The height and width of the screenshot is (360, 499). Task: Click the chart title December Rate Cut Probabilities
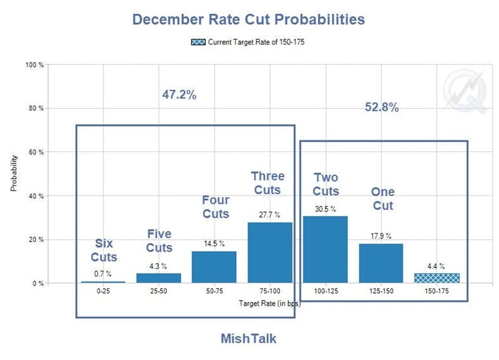pyautogui.click(x=248, y=19)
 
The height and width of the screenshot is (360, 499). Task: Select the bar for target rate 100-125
pyautogui.click(x=325, y=249)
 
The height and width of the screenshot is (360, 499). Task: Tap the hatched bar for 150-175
pyautogui.click(x=437, y=278)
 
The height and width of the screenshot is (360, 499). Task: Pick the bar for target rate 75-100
pyautogui.click(x=270, y=252)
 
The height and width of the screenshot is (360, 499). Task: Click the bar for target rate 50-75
pyautogui.click(x=214, y=267)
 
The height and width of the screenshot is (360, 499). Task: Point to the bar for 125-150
pyautogui.click(x=381, y=263)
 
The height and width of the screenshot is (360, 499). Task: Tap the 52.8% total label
pyautogui.click(x=381, y=107)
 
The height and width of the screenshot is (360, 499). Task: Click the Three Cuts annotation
pyautogui.click(x=268, y=182)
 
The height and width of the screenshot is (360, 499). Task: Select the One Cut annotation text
pyautogui.click(x=382, y=199)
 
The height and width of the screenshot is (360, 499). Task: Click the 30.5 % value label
pyautogui.click(x=325, y=208)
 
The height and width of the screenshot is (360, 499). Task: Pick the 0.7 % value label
pyautogui.click(x=103, y=273)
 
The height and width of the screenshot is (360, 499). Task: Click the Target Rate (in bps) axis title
pyautogui.click(x=270, y=304)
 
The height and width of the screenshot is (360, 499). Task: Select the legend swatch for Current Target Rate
pyautogui.click(x=198, y=42)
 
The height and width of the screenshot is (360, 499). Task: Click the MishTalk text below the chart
pyautogui.click(x=248, y=338)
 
